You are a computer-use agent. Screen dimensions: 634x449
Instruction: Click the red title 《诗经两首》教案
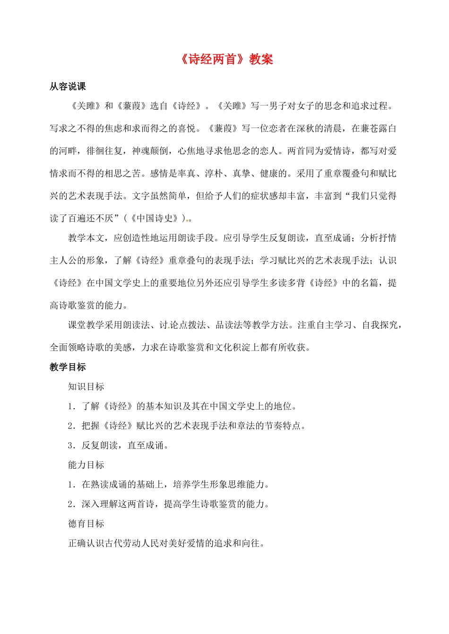(x=227, y=60)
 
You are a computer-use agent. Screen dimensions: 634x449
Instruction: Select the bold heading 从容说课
(x=68, y=86)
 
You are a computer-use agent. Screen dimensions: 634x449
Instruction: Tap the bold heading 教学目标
(x=68, y=367)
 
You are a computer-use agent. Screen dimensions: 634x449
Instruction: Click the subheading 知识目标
(x=86, y=386)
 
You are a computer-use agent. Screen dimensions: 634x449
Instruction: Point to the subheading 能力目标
(x=86, y=465)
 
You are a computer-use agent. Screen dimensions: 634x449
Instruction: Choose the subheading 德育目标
(x=86, y=523)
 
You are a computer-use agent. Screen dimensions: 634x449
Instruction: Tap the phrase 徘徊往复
(x=104, y=151)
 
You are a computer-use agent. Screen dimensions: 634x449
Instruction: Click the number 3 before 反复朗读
(x=70, y=446)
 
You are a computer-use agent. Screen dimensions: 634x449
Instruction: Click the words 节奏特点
(x=283, y=426)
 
